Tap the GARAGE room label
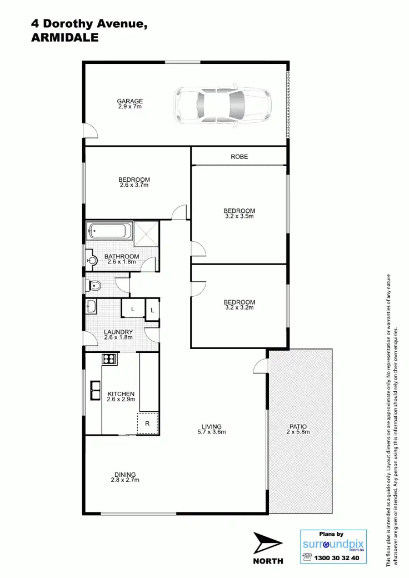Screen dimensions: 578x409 pyautogui.click(x=129, y=101)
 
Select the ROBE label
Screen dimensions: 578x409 pyautogui.click(x=239, y=157)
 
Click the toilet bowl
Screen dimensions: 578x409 pyautogui.click(x=94, y=286)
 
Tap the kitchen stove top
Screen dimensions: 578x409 pyautogui.click(x=110, y=359)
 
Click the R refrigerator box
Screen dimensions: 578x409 pyautogui.click(x=148, y=423)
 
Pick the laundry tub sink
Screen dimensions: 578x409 pyautogui.click(x=92, y=306)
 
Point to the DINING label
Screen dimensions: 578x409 pyautogui.click(x=124, y=474)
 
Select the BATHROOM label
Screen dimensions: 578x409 pyautogui.click(x=122, y=257)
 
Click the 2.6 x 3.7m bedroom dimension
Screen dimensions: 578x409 pyautogui.click(x=134, y=185)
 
